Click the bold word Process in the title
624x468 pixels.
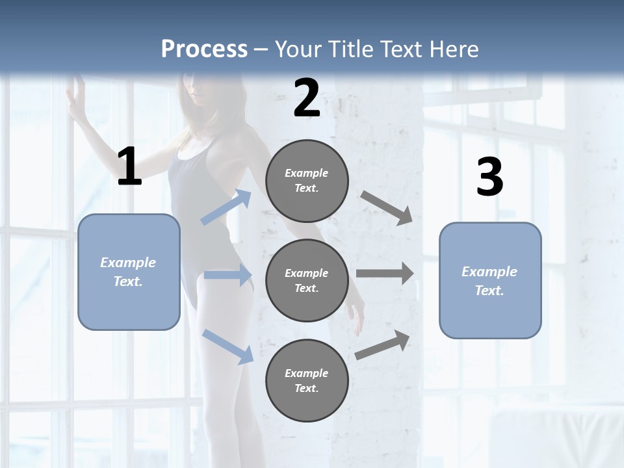pyautogui.click(x=204, y=49)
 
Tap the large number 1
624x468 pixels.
pyautogui.click(x=129, y=167)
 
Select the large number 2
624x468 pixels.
pyautogui.click(x=307, y=99)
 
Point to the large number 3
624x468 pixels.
pyautogui.click(x=489, y=177)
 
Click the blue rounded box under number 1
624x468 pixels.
pyautogui.click(x=129, y=272)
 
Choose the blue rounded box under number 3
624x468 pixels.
pyautogui.click(x=490, y=281)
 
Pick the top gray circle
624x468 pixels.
pyautogui.click(x=307, y=181)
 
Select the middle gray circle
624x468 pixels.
pyautogui.click(x=307, y=280)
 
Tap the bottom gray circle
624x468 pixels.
pyautogui.click(x=307, y=380)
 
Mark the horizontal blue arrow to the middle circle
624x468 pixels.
pyautogui.click(x=227, y=275)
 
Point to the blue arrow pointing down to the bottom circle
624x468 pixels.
pyautogui.click(x=227, y=346)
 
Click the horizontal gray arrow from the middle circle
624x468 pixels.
pyautogui.click(x=385, y=274)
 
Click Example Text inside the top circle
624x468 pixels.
pyautogui.click(x=307, y=181)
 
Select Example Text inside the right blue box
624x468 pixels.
pyautogui.click(x=489, y=281)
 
